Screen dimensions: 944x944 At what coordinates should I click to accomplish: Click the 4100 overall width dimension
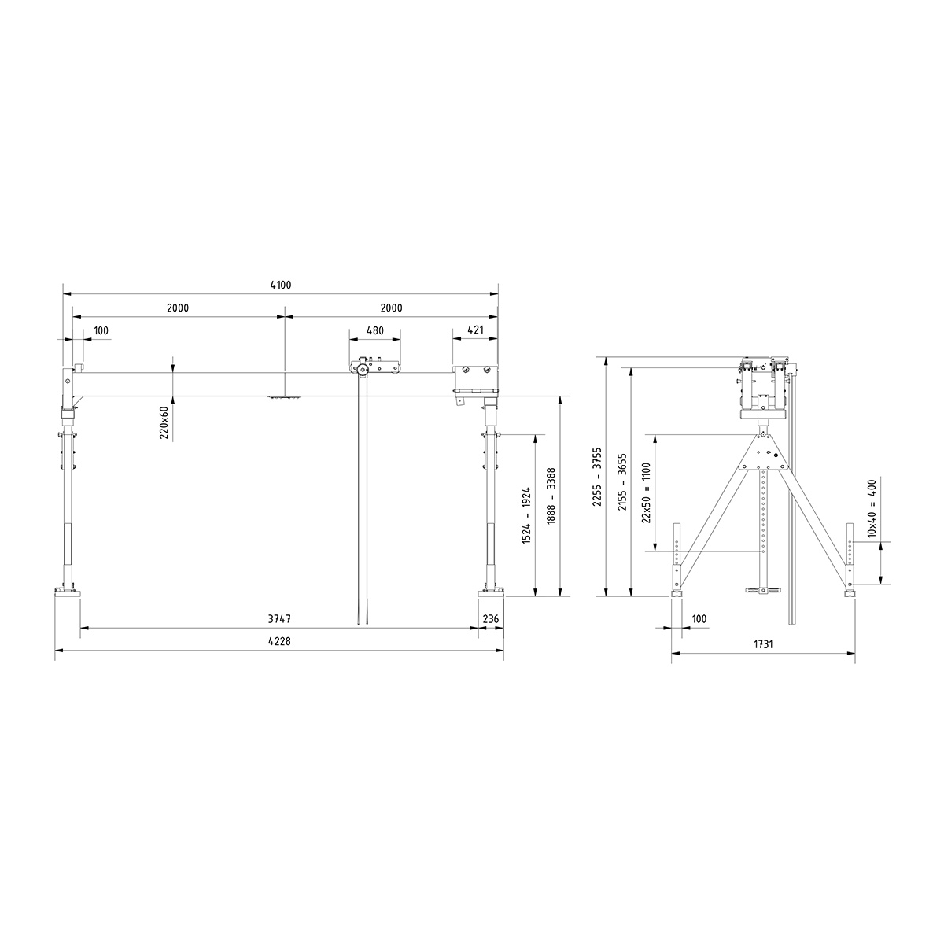[x=280, y=286]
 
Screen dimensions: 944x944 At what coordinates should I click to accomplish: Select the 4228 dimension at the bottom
[x=279, y=642]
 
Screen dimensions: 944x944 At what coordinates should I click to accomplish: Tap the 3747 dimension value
[x=279, y=619]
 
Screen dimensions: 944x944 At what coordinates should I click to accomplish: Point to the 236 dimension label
[x=491, y=619]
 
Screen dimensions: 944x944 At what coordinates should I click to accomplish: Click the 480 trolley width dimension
[x=375, y=330]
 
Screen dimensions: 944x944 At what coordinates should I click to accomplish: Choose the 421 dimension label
[x=475, y=330]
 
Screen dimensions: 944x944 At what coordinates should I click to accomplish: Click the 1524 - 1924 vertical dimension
[x=527, y=515]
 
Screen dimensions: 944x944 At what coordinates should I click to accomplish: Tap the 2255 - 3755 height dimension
[x=597, y=476]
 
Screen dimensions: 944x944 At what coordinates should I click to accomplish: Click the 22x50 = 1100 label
[x=647, y=492]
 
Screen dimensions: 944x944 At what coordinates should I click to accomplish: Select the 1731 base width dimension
[x=763, y=643]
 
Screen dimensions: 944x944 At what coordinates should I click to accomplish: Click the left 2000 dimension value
[x=178, y=308]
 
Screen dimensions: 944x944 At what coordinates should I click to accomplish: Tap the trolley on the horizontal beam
[x=376, y=367]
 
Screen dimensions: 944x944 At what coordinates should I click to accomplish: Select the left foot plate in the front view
[x=67, y=592]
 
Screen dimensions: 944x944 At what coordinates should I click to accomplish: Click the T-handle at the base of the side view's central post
[x=761, y=589]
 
